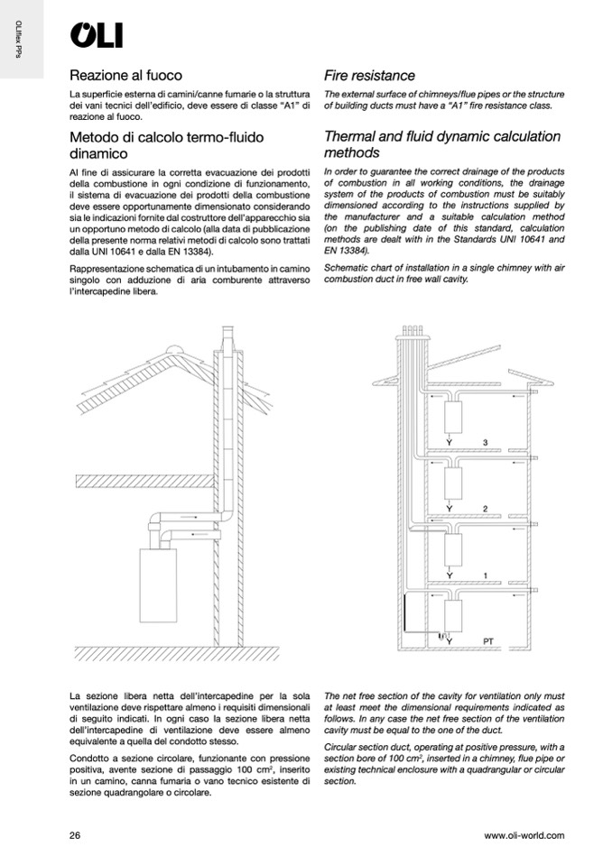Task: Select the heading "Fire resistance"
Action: (x=369, y=75)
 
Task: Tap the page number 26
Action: (x=75, y=835)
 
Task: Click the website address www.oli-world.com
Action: (x=524, y=835)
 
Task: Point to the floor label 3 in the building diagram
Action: (x=485, y=442)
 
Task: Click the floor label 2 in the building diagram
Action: (x=485, y=509)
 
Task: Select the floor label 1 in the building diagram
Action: (x=485, y=575)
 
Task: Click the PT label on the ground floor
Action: (x=488, y=641)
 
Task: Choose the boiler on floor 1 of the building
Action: (x=454, y=549)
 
